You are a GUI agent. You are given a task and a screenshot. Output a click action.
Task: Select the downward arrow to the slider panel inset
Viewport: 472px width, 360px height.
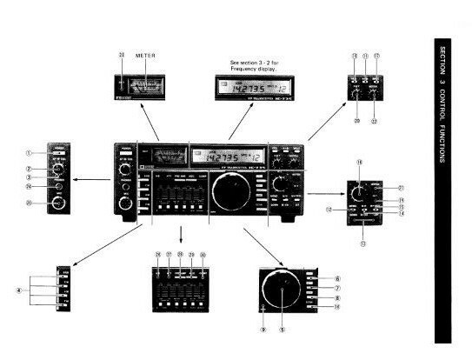pyautogui.click(x=181, y=236)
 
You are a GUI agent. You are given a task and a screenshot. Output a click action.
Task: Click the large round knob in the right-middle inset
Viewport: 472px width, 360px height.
pyautogui.click(x=356, y=193)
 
